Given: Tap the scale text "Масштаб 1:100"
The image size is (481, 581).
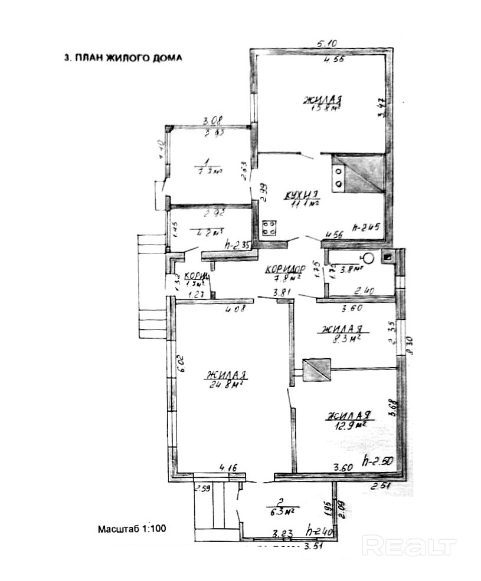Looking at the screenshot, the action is [x=132, y=529].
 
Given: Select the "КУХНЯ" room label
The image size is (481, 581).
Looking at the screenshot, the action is [x=301, y=194].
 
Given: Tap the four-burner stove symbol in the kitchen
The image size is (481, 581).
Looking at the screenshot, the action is [x=270, y=226].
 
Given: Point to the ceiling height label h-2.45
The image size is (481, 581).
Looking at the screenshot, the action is [x=366, y=227].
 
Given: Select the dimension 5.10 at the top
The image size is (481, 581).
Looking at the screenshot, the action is [x=328, y=43].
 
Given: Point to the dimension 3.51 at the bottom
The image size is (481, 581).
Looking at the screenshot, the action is [x=315, y=547].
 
